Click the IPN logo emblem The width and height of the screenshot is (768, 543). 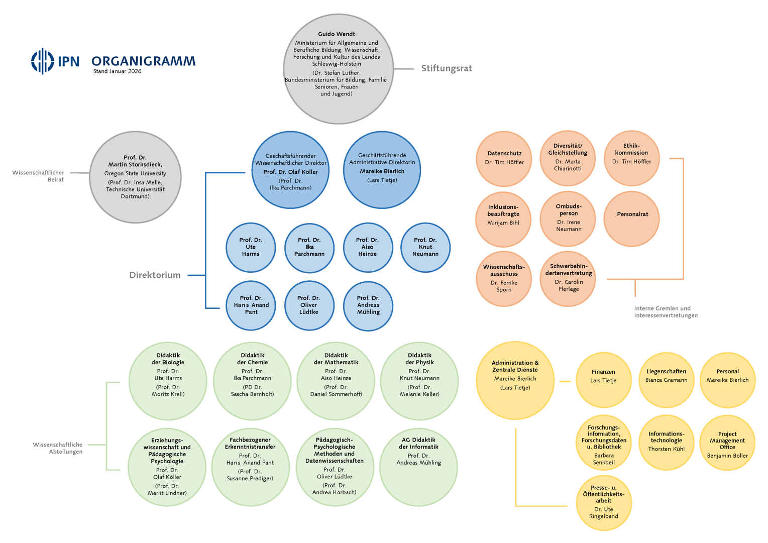point(43,61)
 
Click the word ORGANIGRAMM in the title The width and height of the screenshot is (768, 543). point(143,61)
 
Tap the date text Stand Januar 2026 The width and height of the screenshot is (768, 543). point(117,71)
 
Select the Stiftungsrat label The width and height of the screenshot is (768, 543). point(446,68)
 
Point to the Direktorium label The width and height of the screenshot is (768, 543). point(155,275)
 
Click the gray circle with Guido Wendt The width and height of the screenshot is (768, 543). point(338,69)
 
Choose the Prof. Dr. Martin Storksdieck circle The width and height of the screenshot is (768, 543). point(135,177)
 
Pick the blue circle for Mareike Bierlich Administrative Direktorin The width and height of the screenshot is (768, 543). point(382,170)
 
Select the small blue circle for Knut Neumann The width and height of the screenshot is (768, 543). point(425,247)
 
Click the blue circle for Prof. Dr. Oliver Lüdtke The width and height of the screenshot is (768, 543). point(309,305)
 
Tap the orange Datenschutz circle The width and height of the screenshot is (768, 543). point(504,159)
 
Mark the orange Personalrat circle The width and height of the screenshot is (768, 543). point(632,219)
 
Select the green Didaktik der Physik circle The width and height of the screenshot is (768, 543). point(419,381)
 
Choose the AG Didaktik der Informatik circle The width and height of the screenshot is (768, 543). point(418,467)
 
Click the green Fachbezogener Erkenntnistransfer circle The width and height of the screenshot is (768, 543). point(250,467)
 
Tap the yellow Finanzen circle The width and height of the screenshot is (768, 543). point(603,380)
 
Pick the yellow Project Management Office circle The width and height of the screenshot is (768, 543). point(727,443)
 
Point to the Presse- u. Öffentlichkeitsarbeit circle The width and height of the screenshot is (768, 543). point(603,502)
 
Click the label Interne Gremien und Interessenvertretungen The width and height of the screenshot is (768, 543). point(665,312)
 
